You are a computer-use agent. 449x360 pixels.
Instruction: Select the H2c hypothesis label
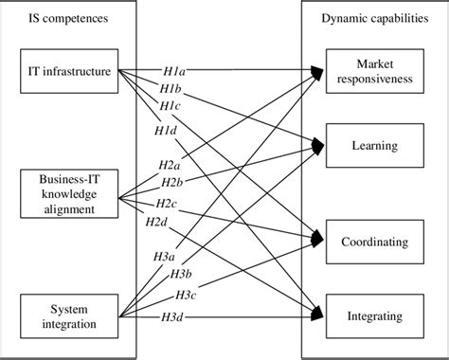[x=166, y=204]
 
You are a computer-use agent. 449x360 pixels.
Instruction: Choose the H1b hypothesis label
[x=171, y=87]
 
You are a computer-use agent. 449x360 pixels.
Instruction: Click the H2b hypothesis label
[x=171, y=182]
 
